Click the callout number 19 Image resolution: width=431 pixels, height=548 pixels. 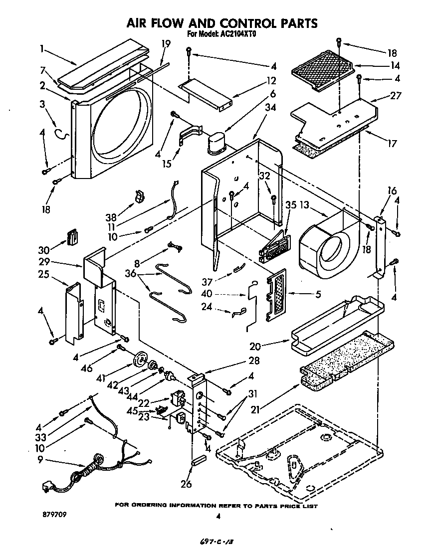[x=166, y=44]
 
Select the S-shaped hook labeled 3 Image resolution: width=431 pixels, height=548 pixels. [x=60, y=133]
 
